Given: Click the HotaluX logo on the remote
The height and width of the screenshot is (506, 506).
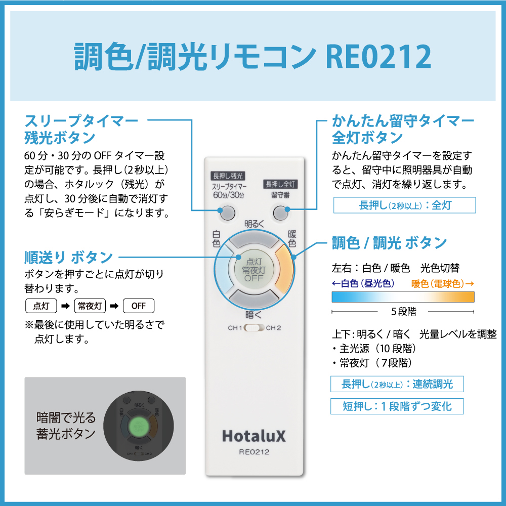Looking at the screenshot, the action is point(254,436).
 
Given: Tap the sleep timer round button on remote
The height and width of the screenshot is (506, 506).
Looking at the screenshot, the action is point(227,213).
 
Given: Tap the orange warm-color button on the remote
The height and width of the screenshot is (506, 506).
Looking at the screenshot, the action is point(284,270).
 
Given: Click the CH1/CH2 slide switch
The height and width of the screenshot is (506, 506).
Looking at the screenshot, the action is point(255,328).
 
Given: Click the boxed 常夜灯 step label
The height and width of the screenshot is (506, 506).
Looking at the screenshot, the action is point(90,306).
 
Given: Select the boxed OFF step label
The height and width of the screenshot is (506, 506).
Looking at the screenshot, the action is point(139,306).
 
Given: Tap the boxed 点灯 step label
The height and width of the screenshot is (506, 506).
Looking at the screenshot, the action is point(41,306).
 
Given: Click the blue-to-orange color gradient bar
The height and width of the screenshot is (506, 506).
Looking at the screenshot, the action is point(403,297).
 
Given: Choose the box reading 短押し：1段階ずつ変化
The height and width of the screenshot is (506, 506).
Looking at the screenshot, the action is point(397,406).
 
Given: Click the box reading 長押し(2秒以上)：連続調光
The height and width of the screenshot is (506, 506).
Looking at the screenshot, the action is point(397,384).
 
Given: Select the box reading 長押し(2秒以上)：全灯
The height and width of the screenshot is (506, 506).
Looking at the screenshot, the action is point(405,205).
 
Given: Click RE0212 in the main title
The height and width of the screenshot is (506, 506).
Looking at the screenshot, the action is point(378,57).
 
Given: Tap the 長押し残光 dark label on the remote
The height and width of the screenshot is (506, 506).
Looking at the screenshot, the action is point(228,176).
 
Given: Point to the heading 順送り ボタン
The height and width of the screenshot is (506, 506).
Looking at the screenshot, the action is point(68,257).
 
